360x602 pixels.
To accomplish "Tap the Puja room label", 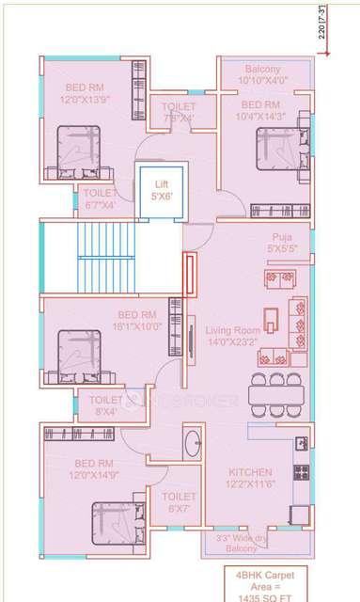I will click(x=280, y=244).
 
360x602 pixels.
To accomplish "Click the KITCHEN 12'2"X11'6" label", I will click(x=250, y=477).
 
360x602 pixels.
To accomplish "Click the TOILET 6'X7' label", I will click(x=179, y=501).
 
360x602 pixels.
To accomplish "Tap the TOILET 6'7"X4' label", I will click(x=101, y=198).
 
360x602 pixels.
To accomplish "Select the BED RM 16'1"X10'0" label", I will click(x=136, y=320).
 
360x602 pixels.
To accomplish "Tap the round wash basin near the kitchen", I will click(x=191, y=442).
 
